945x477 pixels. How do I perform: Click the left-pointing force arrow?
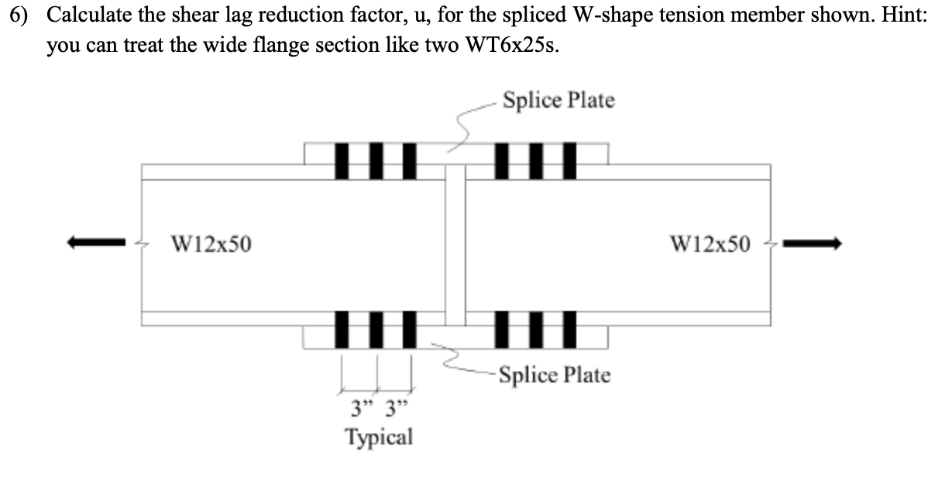click(x=97, y=243)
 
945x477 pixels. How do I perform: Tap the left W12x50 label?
click(x=211, y=245)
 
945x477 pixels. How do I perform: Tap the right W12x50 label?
click(x=710, y=245)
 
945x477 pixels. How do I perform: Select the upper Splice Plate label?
click(x=558, y=101)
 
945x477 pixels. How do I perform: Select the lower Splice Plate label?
click(x=555, y=376)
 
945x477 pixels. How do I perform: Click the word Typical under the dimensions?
click(x=379, y=437)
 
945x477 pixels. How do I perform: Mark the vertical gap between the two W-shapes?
click(x=455, y=244)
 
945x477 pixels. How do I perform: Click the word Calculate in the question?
click(x=85, y=16)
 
